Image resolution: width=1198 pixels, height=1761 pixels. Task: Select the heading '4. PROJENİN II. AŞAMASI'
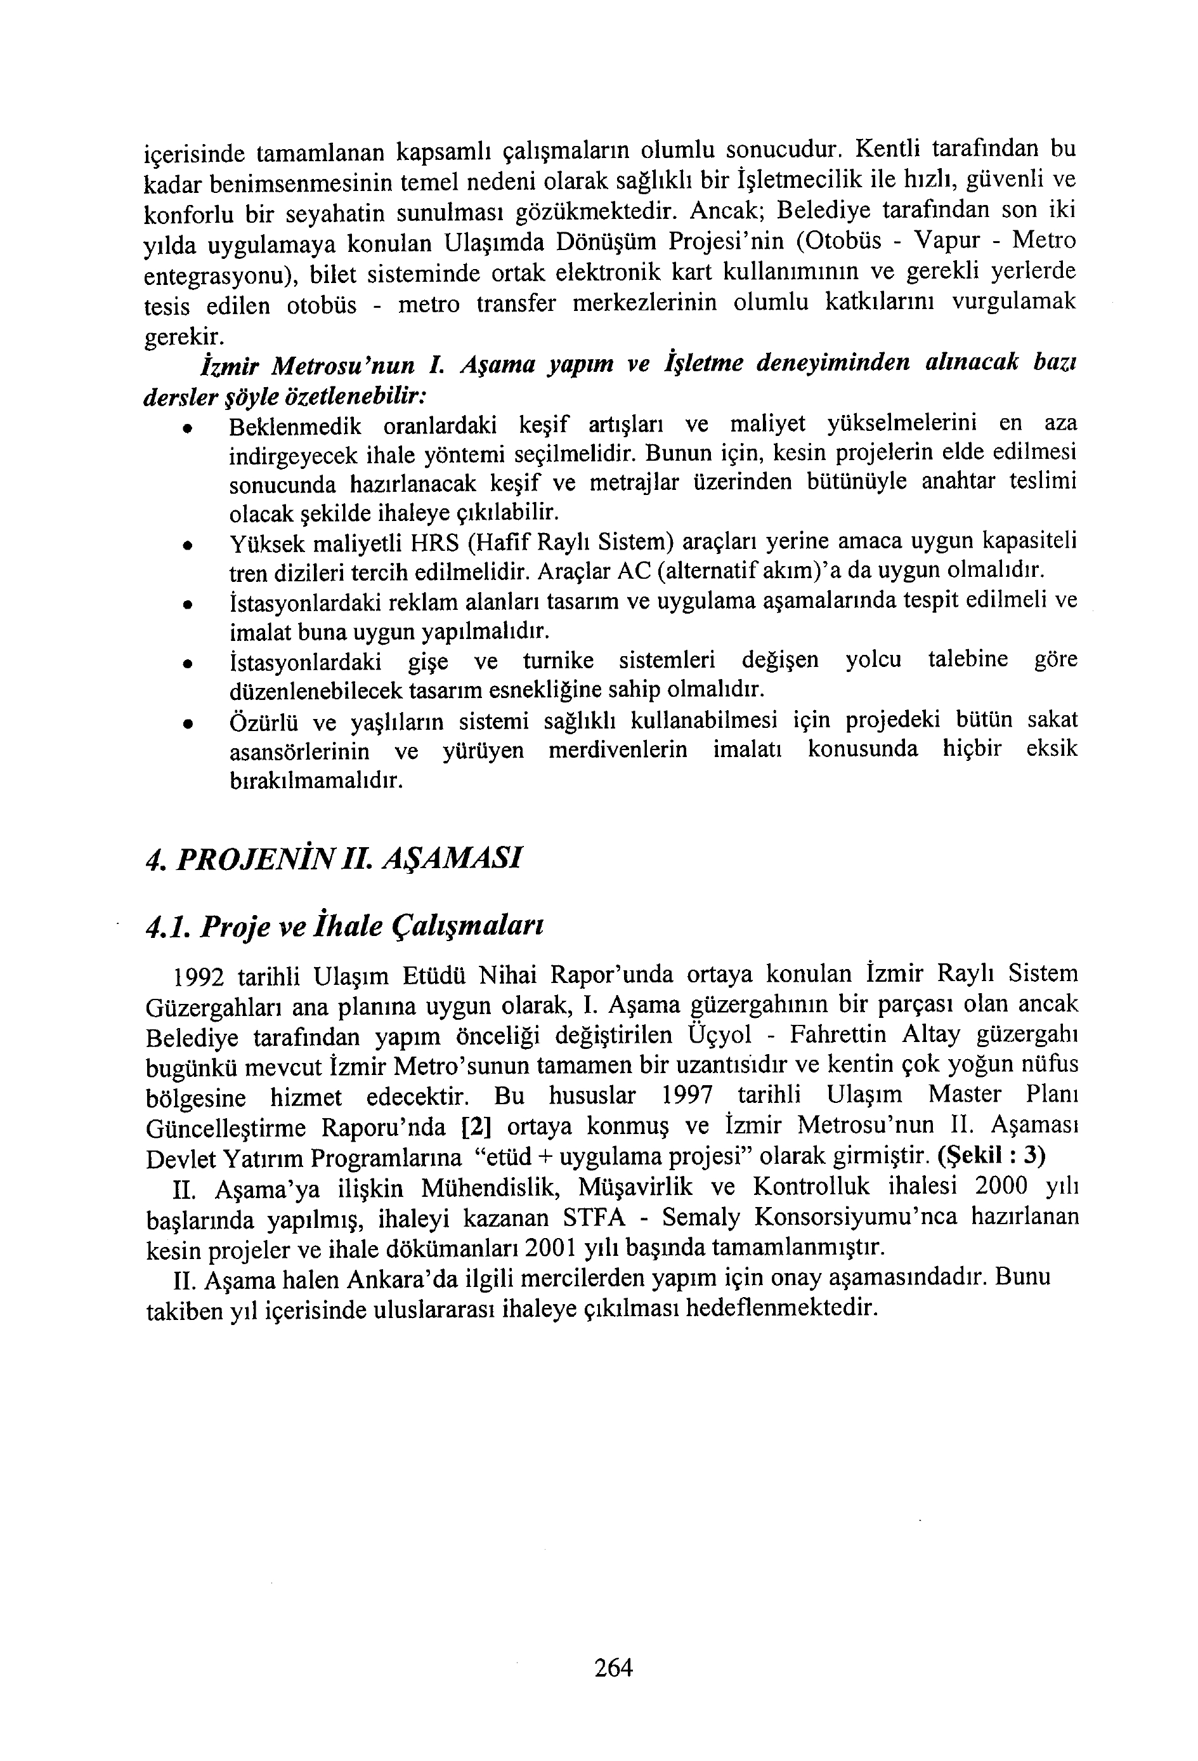333,859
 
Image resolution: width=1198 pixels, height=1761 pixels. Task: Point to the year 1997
687,1097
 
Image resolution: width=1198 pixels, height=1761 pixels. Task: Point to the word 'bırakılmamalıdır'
316,781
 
